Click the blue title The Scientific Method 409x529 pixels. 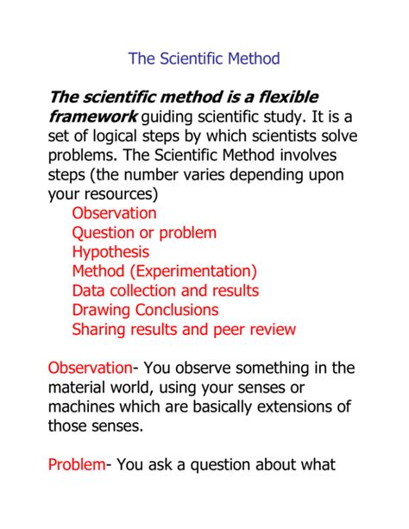(x=204, y=60)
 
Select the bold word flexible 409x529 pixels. (x=287, y=95)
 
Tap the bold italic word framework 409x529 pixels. (x=92, y=117)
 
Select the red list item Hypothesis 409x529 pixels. (x=110, y=252)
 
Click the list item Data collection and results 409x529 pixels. (x=165, y=291)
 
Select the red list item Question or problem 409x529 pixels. (x=144, y=232)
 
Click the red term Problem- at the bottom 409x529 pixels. (x=78, y=466)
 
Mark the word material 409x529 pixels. (x=80, y=387)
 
